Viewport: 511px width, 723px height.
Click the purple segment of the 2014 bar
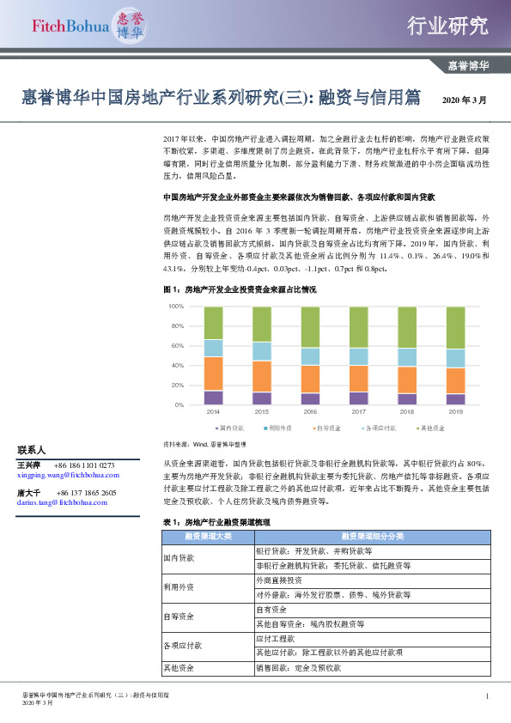pos(213,398)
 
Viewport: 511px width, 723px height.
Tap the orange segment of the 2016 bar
pos(310,379)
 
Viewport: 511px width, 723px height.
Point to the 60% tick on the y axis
pos(177,346)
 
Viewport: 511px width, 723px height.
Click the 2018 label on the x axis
pos(407,412)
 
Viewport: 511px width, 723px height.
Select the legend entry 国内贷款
pos(229,427)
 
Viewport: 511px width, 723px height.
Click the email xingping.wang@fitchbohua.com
pos(68,474)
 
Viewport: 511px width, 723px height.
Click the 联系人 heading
pos(31,450)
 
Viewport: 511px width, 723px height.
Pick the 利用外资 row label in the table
pos(179,587)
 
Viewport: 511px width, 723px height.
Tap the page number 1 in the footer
pos(487,696)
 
